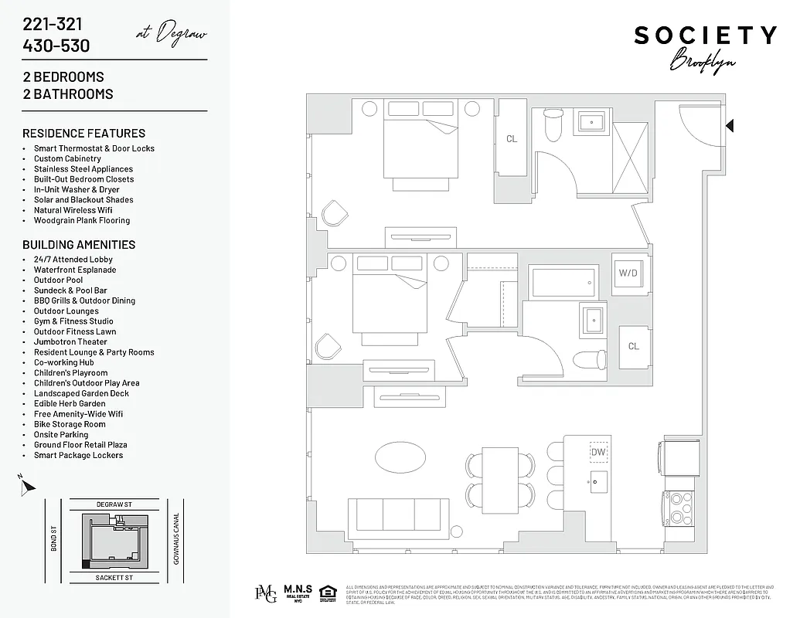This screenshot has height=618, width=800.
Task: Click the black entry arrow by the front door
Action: [729, 125]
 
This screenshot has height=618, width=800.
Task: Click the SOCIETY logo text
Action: [705, 36]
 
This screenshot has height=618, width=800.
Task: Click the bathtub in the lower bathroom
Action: [563, 282]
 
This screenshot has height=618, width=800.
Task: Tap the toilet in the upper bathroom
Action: [554, 126]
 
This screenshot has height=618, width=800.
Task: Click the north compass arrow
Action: [28, 486]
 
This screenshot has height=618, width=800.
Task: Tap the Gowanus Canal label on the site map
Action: [176, 538]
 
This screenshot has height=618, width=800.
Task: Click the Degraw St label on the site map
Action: [114, 504]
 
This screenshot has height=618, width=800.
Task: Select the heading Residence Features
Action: [83, 133]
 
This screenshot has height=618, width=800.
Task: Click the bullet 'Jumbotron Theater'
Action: [70, 341]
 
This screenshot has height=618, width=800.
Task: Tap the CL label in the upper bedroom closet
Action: [512, 139]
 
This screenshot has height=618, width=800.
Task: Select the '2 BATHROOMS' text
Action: [68, 94]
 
